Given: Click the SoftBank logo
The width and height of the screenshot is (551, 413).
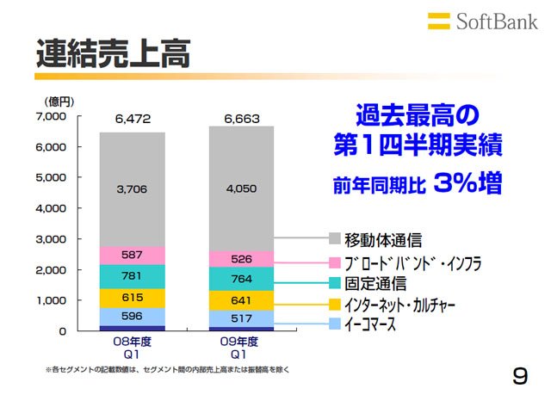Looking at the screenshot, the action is [482, 22].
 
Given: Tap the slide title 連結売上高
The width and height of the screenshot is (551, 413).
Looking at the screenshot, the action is [113, 53].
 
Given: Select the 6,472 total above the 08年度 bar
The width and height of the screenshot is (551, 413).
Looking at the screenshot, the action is [133, 119].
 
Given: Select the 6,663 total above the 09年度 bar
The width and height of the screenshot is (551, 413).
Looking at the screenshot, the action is [242, 119].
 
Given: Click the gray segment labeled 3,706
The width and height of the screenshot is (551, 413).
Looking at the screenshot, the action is [133, 189].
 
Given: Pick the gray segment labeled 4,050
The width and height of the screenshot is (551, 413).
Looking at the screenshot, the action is [241, 189].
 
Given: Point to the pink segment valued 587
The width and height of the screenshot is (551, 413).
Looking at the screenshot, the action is [133, 256].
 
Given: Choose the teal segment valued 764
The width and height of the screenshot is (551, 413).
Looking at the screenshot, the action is [241, 279].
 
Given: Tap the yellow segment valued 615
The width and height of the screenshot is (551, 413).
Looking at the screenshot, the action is [133, 299].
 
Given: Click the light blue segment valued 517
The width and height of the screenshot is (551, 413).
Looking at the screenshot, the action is [241, 318].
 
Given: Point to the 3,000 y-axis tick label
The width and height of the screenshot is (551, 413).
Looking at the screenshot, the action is [51, 239].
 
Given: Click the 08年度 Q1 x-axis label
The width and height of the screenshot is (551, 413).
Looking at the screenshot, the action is [132, 348].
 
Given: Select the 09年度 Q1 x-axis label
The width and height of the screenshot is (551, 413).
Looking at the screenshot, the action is [239, 348].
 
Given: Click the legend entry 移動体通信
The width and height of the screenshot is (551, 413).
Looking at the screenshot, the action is [375, 239].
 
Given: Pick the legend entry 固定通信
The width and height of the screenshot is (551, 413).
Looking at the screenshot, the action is [368, 283].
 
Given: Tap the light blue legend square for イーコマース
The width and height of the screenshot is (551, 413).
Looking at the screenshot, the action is [335, 324].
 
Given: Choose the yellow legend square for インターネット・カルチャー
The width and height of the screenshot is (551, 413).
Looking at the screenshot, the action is [335, 304].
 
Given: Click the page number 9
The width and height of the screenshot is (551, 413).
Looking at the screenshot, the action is [520, 376].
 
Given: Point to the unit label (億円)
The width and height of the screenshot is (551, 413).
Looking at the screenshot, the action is [59, 102].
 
